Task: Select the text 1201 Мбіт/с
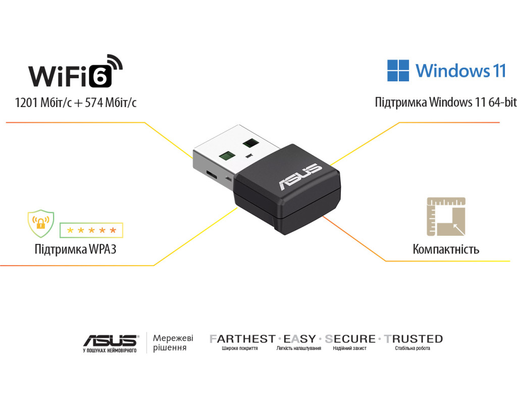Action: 44,103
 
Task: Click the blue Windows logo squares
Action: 398,71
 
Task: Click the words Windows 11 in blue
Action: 460,71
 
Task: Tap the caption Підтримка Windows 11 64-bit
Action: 445,103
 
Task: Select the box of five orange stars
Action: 91,230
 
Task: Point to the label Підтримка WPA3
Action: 75,249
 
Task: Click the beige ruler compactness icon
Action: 446,216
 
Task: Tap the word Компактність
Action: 446,249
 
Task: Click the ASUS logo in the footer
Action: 110,340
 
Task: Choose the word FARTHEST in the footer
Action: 242,339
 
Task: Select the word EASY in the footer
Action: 299,339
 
